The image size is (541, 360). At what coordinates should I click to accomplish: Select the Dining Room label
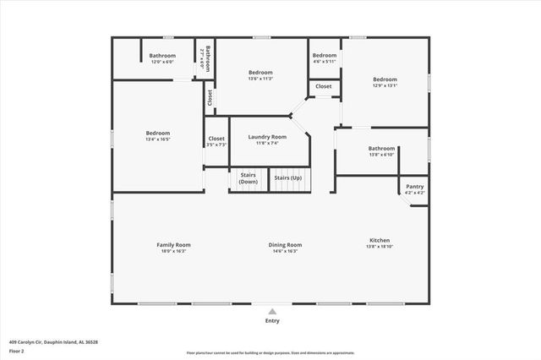click(x=285, y=245)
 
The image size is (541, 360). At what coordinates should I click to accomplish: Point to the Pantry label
click(x=414, y=186)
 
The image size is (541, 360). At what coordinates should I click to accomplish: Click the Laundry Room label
click(x=267, y=137)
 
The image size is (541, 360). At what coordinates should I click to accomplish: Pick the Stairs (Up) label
click(x=288, y=178)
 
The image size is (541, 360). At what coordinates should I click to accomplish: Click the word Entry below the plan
click(x=272, y=320)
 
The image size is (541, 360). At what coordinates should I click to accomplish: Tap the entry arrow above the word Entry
click(x=271, y=310)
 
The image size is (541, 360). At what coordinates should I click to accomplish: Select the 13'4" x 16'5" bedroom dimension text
click(x=158, y=139)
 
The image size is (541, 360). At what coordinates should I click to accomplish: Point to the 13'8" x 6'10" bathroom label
click(x=381, y=155)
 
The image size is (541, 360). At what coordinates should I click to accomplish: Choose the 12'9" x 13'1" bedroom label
click(x=385, y=85)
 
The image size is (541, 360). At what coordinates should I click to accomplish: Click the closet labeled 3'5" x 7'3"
click(x=216, y=145)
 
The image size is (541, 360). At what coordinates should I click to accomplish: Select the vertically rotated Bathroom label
click(x=205, y=57)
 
